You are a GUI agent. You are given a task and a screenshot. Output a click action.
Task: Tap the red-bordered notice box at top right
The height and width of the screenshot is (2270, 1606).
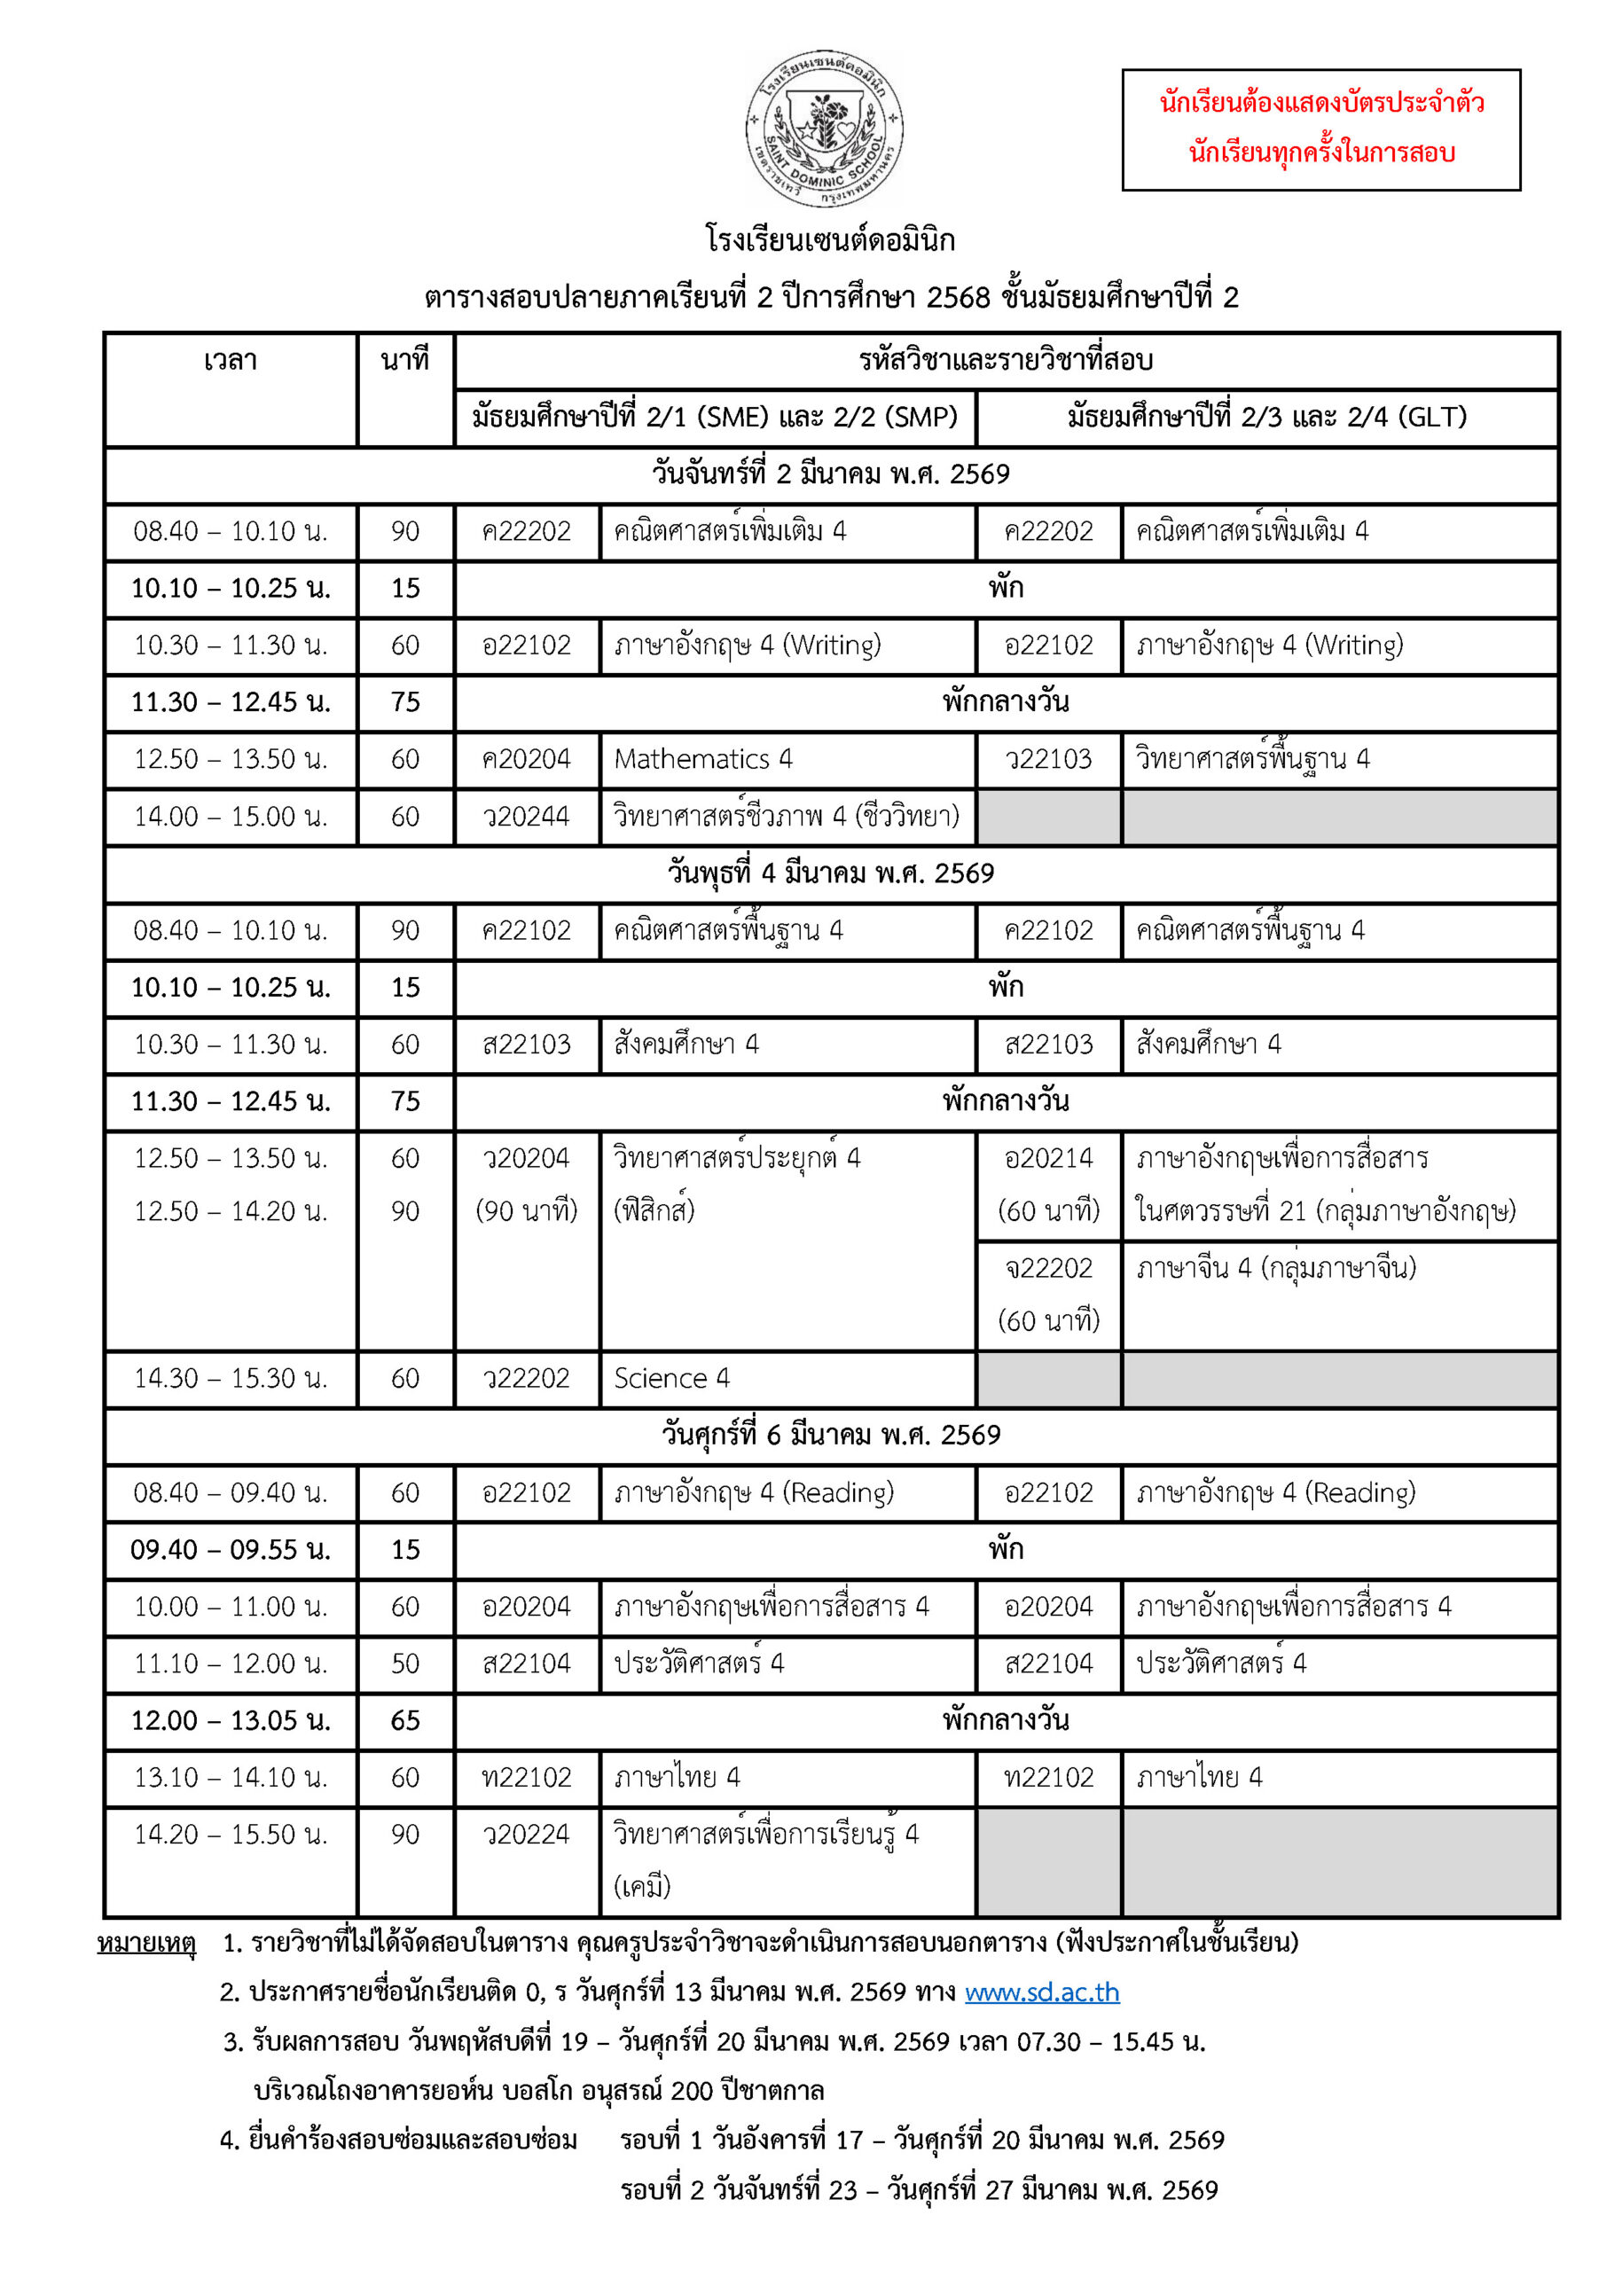coord(1320,129)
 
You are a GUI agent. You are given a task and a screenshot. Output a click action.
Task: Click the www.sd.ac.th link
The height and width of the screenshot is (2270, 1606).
coord(1041,1992)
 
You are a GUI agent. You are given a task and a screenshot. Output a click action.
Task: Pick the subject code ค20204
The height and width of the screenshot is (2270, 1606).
coord(526,759)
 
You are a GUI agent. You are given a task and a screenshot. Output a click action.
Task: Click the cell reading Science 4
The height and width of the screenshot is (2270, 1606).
coord(671,1378)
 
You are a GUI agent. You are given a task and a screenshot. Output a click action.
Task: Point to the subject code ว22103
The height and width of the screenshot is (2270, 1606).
coord(1048,759)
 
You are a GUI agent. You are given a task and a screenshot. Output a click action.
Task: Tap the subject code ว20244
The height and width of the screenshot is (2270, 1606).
coord(526,817)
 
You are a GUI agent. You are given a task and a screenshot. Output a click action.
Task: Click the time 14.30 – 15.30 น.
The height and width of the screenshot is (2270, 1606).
coord(231,1378)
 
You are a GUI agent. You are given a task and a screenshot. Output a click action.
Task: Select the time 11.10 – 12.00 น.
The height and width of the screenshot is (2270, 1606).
coord(231,1664)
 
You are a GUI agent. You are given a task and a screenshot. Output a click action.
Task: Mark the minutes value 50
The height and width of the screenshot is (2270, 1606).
coord(405,1664)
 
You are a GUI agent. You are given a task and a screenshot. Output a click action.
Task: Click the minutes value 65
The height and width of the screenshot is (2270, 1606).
coord(405,1721)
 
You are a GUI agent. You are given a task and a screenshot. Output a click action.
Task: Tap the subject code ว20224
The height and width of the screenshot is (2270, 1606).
coord(526,1835)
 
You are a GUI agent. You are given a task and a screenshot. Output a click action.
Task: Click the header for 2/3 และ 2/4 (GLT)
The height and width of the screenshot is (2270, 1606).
coord(1267,418)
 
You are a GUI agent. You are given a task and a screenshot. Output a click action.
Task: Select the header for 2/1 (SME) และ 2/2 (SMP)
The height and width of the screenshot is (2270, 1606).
coord(715,418)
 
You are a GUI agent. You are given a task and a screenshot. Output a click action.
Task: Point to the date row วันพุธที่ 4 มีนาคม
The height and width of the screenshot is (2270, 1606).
coord(831,874)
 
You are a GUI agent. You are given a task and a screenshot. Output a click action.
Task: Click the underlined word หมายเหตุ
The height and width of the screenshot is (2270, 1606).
coord(146,1943)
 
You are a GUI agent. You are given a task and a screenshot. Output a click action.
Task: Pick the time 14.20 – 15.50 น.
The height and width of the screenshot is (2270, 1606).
coord(231,1835)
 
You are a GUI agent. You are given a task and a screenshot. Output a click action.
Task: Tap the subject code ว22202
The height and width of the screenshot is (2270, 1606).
coord(526,1378)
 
